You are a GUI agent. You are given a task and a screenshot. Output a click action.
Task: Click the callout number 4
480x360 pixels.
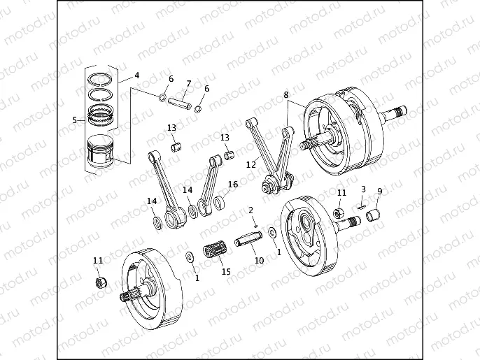pos(136,75)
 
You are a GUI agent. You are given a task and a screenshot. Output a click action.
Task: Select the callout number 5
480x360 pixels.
pos(73,120)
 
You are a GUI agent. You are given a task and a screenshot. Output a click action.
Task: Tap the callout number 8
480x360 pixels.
pos(285,94)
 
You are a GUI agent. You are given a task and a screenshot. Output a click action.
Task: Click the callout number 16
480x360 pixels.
pos(233,185)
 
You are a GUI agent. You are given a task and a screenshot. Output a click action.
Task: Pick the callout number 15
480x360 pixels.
pos(225,271)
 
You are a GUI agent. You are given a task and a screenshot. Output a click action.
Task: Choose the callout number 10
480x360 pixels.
pos(259,261)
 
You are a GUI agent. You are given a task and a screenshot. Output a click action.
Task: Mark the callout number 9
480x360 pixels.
pos(380,191)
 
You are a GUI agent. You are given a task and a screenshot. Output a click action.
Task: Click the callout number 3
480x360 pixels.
pos(363,189)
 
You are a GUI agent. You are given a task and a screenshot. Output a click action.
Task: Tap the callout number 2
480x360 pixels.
pos(250,210)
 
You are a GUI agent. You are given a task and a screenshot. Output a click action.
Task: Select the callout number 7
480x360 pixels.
pos(187,83)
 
